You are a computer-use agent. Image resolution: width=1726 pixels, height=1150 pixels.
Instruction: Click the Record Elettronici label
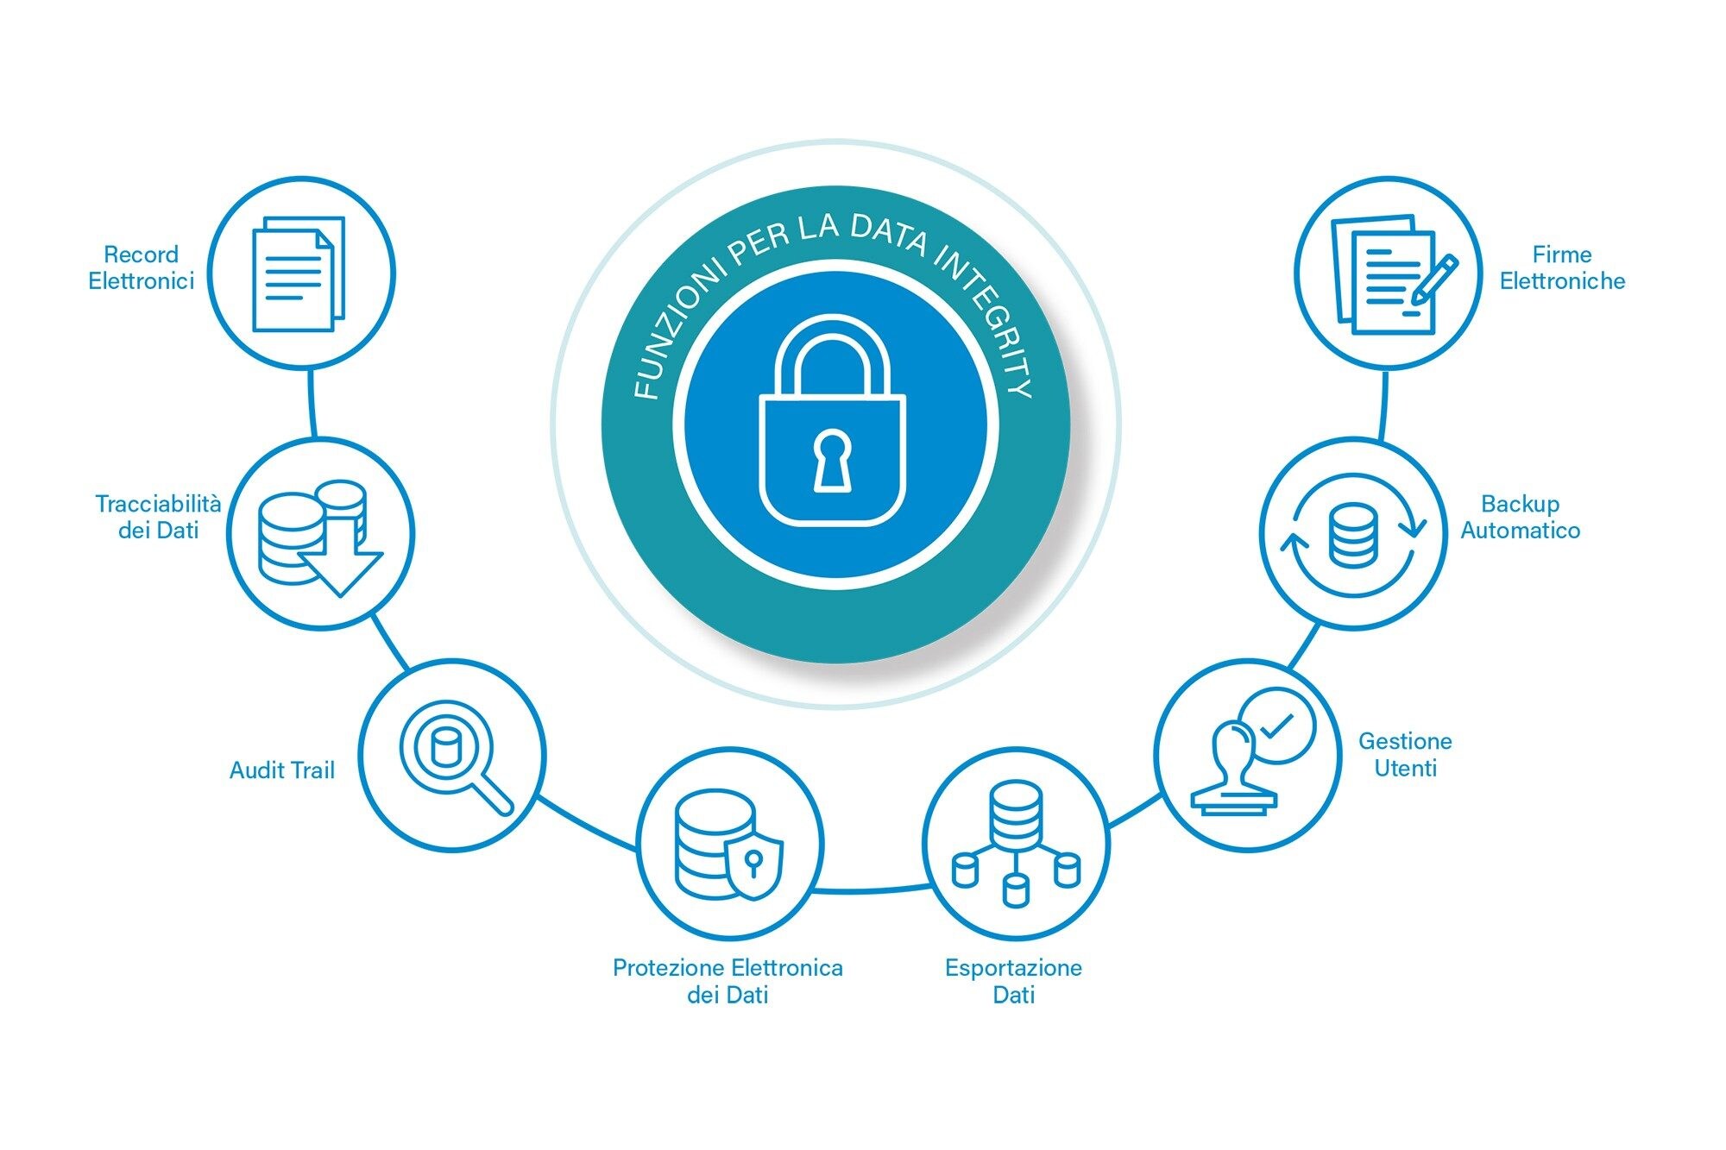(x=141, y=267)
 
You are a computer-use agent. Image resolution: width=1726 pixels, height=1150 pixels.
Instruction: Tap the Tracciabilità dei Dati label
(x=158, y=516)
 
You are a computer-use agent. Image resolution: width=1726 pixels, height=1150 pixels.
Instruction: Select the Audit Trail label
(x=281, y=770)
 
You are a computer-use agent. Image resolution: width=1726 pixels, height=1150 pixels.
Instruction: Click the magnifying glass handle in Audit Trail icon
(x=490, y=792)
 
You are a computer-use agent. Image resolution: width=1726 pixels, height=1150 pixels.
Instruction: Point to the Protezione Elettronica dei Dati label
(x=728, y=981)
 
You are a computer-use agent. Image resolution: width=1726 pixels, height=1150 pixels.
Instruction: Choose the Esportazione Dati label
(x=1013, y=981)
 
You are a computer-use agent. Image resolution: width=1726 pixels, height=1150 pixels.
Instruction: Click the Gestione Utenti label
(x=1405, y=754)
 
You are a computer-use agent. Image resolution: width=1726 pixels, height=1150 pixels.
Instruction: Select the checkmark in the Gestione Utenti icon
(x=1276, y=726)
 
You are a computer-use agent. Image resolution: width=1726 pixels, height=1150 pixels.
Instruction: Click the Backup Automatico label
(x=1520, y=517)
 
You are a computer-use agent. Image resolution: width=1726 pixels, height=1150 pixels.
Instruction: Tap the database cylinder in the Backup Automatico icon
(x=1352, y=535)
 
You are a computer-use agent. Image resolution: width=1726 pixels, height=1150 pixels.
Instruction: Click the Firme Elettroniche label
(x=1562, y=267)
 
